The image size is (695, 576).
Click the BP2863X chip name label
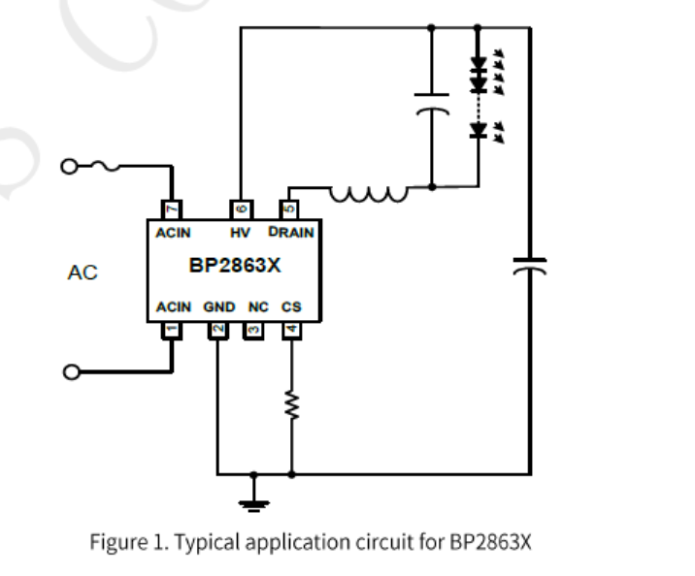234,265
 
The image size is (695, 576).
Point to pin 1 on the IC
171,330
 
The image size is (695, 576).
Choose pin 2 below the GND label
217,330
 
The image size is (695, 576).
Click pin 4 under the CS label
291,330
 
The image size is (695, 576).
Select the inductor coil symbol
369,194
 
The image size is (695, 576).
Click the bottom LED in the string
478,130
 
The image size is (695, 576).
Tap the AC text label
83,272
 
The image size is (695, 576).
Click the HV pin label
240,233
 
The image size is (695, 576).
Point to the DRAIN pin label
291,233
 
